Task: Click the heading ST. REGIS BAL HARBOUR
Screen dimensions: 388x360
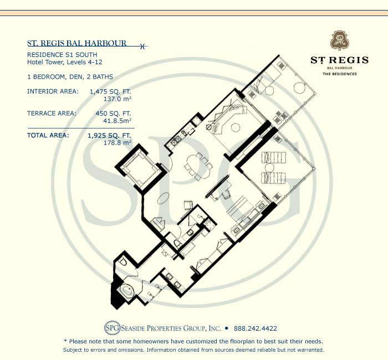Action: pyautogui.click(x=77, y=43)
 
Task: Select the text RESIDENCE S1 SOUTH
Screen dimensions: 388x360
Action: pyautogui.click(x=62, y=55)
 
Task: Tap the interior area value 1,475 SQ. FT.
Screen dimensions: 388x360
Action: pyautogui.click(x=110, y=91)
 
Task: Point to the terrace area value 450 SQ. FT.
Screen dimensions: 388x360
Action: pyautogui.click(x=113, y=114)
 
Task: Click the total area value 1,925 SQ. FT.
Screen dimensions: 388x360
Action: pyautogui.click(x=109, y=136)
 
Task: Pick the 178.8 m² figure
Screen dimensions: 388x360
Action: pyautogui.click(x=118, y=143)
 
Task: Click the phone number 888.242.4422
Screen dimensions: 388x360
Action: pyautogui.click(x=256, y=328)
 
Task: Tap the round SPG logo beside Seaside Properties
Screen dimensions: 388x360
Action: pyautogui.click(x=113, y=328)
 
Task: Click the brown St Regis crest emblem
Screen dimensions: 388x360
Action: pyautogui.click(x=339, y=40)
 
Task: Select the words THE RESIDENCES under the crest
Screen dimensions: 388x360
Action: pyautogui.click(x=339, y=74)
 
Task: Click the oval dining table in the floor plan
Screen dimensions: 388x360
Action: pyautogui.click(x=198, y=166)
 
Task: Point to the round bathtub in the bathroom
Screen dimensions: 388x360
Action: pyautogui.click(x=127, y=291)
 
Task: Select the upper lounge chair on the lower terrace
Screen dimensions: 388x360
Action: pyautogui.click(x=274, y=157)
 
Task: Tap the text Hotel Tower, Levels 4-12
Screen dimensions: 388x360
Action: pyautogui.click(x=65, y=62)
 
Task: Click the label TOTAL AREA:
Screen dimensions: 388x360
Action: pyautogui.click(x=48, y=136)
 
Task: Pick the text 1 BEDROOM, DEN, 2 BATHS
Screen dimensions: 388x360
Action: pyautogui.click(x=70, y=77)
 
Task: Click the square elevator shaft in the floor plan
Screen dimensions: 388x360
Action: pyautogui.click(x=141, y=167)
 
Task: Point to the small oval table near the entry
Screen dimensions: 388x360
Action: pyautogui.click(x=163, y=198)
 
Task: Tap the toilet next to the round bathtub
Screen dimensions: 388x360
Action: pyautogui.click(x=122, y=261)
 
